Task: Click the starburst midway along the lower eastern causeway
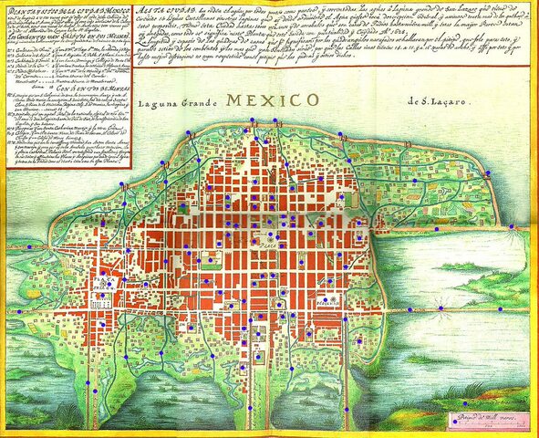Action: [441, 309]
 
